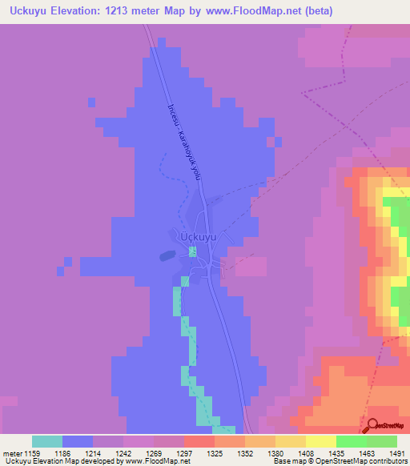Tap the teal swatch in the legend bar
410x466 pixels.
pyautogui.click(x=47, y=441)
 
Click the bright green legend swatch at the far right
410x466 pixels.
pyautogui.click(x=382, y=441)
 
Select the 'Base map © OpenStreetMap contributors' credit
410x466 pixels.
pyautogui.click(x=339, y=461)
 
